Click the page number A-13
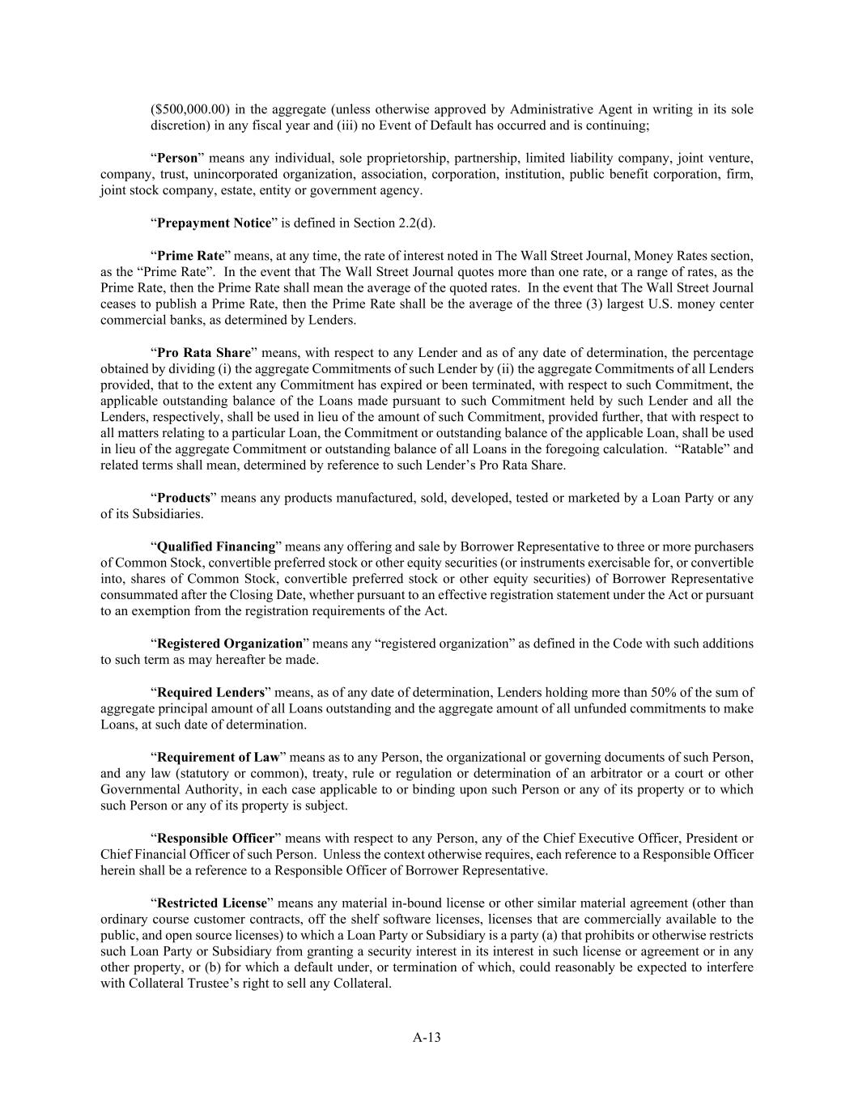click(427, 1037)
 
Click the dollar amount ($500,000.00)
click(188, 109)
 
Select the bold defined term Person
click(177, 158)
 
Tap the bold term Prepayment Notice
click(214, 223)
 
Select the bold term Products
click(183, 498)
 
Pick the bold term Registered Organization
click(229, 644)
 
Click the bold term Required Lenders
click(210, 692)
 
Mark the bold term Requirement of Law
click(218, 757)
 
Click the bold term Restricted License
click(211, 903)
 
